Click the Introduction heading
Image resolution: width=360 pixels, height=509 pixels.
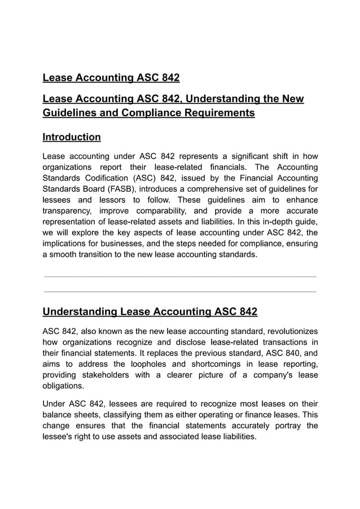click(72, 137)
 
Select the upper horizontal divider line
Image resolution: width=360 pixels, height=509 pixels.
click(180, 277)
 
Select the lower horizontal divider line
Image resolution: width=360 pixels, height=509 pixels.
click(180, 292)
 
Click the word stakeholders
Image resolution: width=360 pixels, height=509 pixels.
click(118, 375)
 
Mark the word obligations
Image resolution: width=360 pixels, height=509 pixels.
click(63, 386)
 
